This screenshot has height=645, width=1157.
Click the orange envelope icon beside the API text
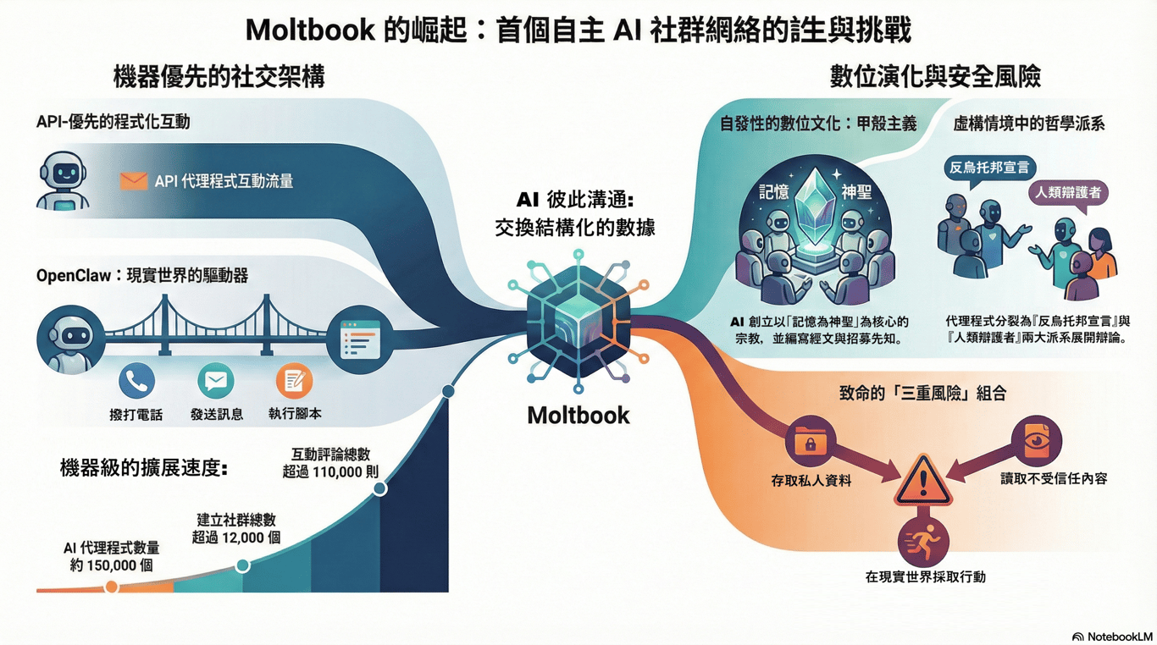point(133,180)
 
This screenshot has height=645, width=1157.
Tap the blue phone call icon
point(137,381)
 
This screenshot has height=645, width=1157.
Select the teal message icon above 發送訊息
point(216,381)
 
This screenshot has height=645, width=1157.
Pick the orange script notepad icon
point(295,381)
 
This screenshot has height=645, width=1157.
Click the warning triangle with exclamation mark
point(922,481)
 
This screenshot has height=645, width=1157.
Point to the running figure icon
point(923,543)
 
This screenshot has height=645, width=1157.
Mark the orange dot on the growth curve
point(111,587)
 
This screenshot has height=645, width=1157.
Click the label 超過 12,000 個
point(236,537)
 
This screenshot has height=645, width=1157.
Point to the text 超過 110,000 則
point(330,472)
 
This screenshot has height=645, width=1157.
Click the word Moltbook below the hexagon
point(578,416)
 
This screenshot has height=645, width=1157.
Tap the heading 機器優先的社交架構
point(219,77)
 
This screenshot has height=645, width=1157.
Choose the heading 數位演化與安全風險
point(935,77)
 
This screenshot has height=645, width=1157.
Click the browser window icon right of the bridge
point(361,339)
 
